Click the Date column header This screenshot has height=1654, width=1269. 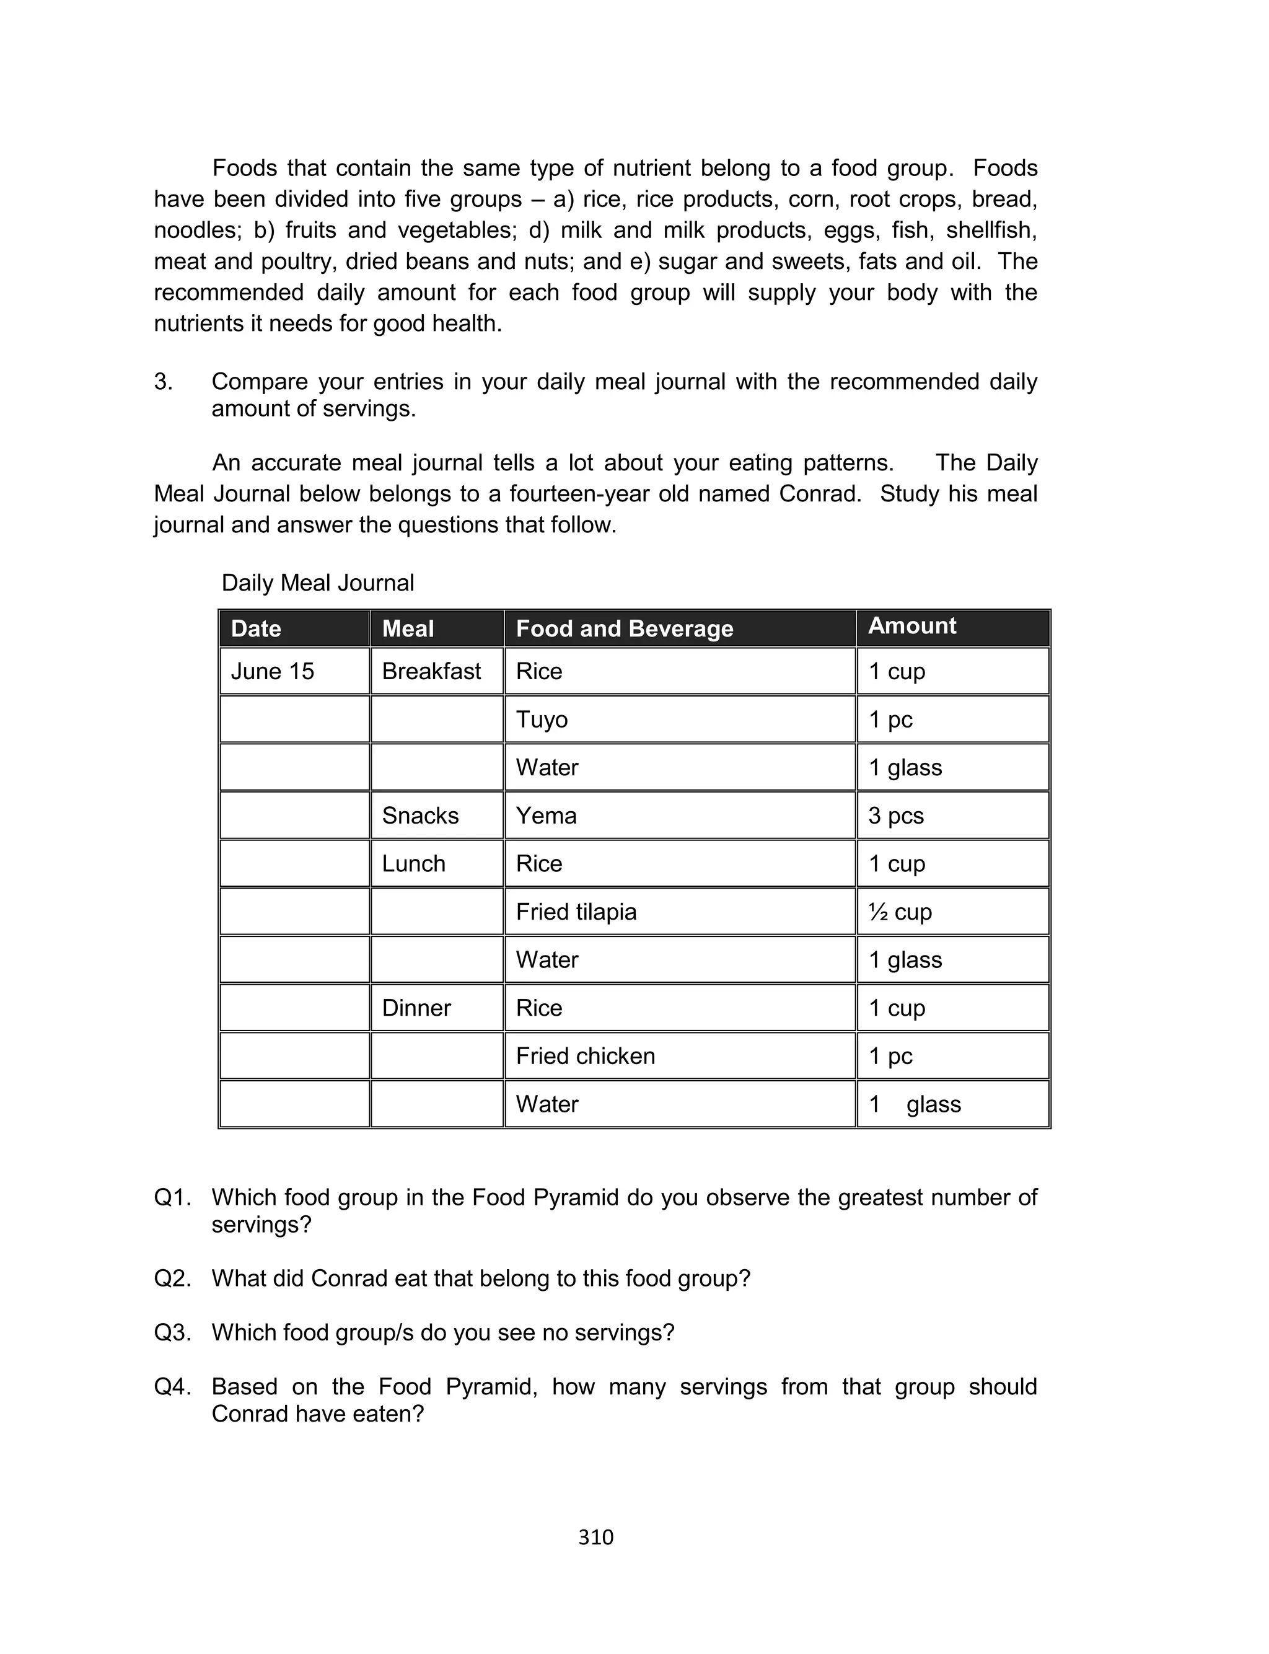tap(256, 628)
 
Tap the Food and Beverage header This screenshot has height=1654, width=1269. tap(624, 628)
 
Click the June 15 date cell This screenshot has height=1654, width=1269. tap(272, 671)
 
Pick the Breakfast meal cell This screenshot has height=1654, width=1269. tap(431, 671)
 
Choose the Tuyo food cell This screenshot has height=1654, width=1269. tap(542, 719)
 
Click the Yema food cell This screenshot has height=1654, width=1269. tap(546, 816)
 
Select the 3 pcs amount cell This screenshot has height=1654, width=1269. tap(896, 816)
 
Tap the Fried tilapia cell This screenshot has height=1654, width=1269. tap(576, 912)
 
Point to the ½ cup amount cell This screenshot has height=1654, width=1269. tap(900, 912)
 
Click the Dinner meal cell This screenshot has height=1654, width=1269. tap(416, 1008)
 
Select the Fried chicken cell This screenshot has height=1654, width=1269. tap(586, 1056)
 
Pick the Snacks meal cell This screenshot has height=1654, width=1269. tap(420, 816)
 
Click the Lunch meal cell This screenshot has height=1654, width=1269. tap(413, 863)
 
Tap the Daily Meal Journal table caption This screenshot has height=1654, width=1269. tap(317, 583)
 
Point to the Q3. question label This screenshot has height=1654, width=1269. tap(172, 1332)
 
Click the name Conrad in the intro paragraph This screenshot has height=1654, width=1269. tap(819, 494)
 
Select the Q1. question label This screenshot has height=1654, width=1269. tap(172, 1198)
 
